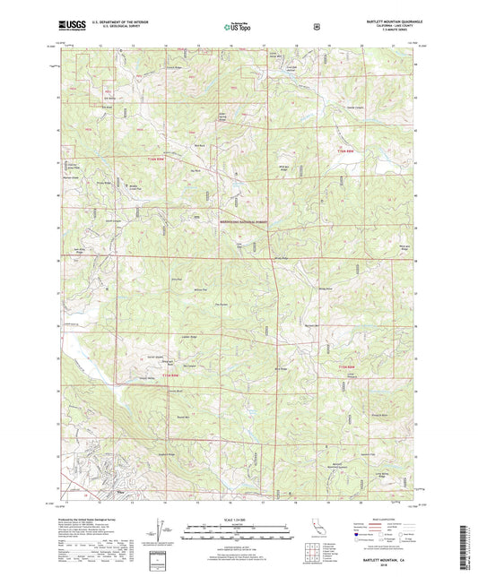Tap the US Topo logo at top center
click(236, 27)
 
